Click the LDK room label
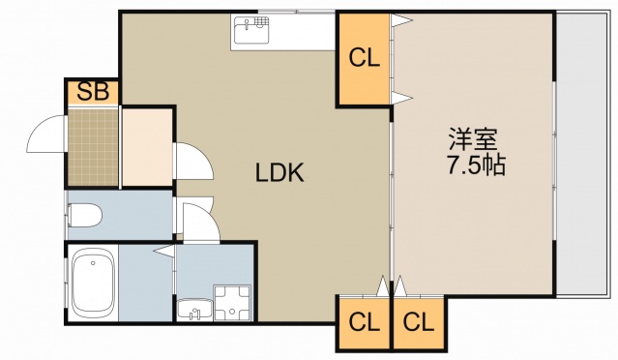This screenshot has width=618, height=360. pos(280,174)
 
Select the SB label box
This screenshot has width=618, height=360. pos(93,93)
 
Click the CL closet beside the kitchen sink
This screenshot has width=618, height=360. pos(364,59)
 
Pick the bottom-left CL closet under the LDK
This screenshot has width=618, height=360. pos(363,321)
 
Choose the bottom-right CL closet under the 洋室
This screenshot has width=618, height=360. pos(418,321)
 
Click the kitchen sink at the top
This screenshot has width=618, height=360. pos(254,32)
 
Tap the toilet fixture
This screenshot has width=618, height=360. pos(85,215)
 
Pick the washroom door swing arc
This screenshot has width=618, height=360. pos(199,221)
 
